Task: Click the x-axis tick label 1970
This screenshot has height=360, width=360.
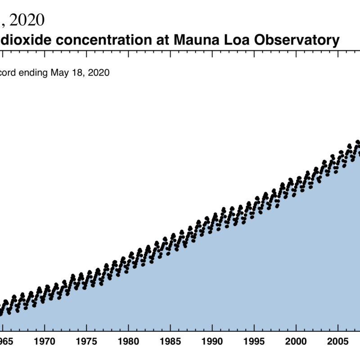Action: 45,341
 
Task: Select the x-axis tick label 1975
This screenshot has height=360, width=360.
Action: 86,341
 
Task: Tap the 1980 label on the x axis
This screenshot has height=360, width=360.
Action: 129,341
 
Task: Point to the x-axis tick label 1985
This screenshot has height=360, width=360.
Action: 171,341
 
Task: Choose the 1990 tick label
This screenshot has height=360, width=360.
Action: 212,341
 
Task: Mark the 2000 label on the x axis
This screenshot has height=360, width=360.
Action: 297,341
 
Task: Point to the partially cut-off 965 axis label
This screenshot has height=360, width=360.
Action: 6,341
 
